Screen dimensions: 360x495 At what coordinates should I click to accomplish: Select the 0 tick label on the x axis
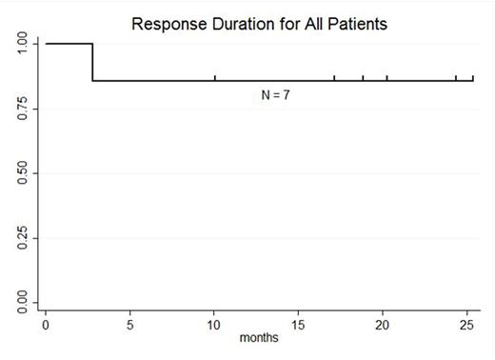pyautogui.click(x=45, y=324)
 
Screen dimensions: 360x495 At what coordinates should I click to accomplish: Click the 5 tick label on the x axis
pyautogui.click(x=129, y=324)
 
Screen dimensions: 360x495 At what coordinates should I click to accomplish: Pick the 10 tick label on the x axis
pyautogui.click(x=214, y=324)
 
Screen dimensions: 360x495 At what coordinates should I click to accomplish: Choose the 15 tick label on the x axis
pyautogui.click(x=299, y=324)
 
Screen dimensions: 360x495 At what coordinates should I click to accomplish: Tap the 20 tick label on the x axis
pyautogui.click(x=383, y=324)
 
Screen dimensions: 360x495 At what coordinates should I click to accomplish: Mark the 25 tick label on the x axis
pyautogui.click(x=467, y=324)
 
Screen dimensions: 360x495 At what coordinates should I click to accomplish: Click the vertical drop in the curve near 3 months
pyautogui.click(x=92, y=62)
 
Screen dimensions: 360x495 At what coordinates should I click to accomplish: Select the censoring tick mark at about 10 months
pyautogui.click(x=215, y=77)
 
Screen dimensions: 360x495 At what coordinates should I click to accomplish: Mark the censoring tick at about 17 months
pyautogui.click(x=334, y=77)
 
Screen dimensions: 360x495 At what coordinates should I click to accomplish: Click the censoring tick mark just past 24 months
pyautogui.click(x=456, y=77)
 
